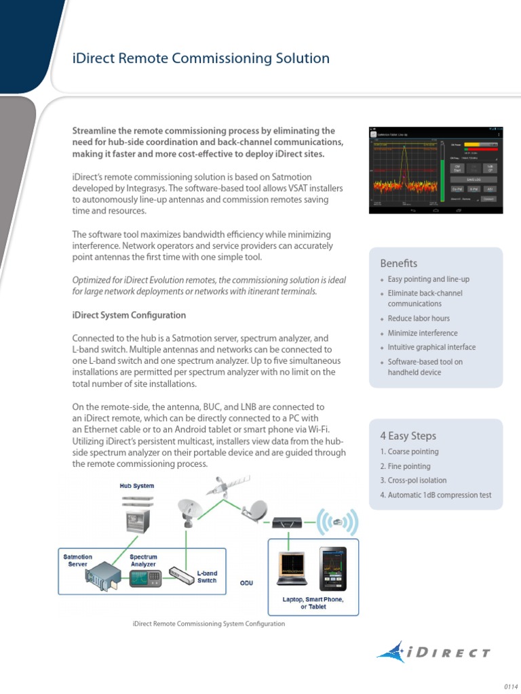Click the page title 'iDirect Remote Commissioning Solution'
pos(201,58)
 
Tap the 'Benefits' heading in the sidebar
pos(398,263)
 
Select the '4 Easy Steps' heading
pos(408,436)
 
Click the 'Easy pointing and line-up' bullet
pos(428,279)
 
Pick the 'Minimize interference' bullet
pos(422,333)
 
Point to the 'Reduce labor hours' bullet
pos(418,318)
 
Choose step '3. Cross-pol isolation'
pos(413,481)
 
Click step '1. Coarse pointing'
pos(409,451)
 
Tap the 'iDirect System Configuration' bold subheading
pos(129,315)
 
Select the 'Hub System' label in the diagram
pos(138,486)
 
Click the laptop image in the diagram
pos(292,567)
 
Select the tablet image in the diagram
pos(332,568)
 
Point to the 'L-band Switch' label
pos(207,577)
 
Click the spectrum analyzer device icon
pos(143,577)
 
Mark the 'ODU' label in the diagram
pos(246,582)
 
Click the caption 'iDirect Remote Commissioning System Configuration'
pos(209,624)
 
